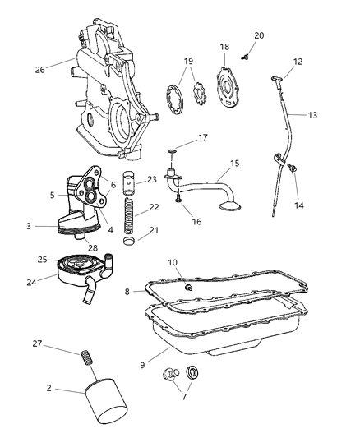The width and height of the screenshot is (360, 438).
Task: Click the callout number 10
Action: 173,262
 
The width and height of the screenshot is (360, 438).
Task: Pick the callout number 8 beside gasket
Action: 128,290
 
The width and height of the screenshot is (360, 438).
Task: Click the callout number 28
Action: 93,248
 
